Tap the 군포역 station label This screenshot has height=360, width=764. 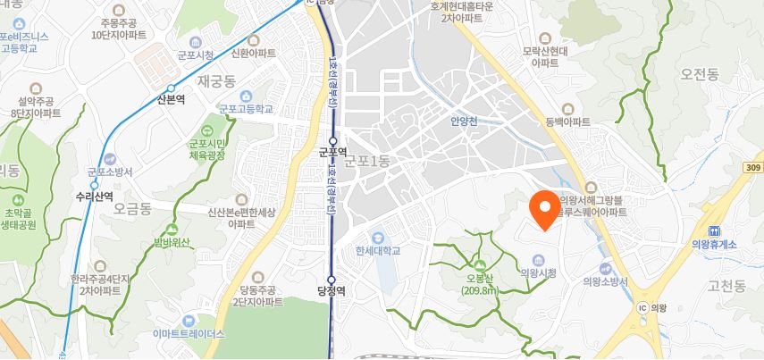332,153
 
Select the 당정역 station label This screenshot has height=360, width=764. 331,290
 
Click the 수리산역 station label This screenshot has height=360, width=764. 94,196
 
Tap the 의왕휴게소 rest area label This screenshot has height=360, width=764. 714,244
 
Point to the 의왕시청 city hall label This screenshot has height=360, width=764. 538,272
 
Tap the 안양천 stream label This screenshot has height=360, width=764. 465,121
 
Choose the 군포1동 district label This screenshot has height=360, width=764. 368,161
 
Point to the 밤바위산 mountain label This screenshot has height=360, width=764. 172,242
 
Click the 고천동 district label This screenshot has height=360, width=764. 726,286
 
